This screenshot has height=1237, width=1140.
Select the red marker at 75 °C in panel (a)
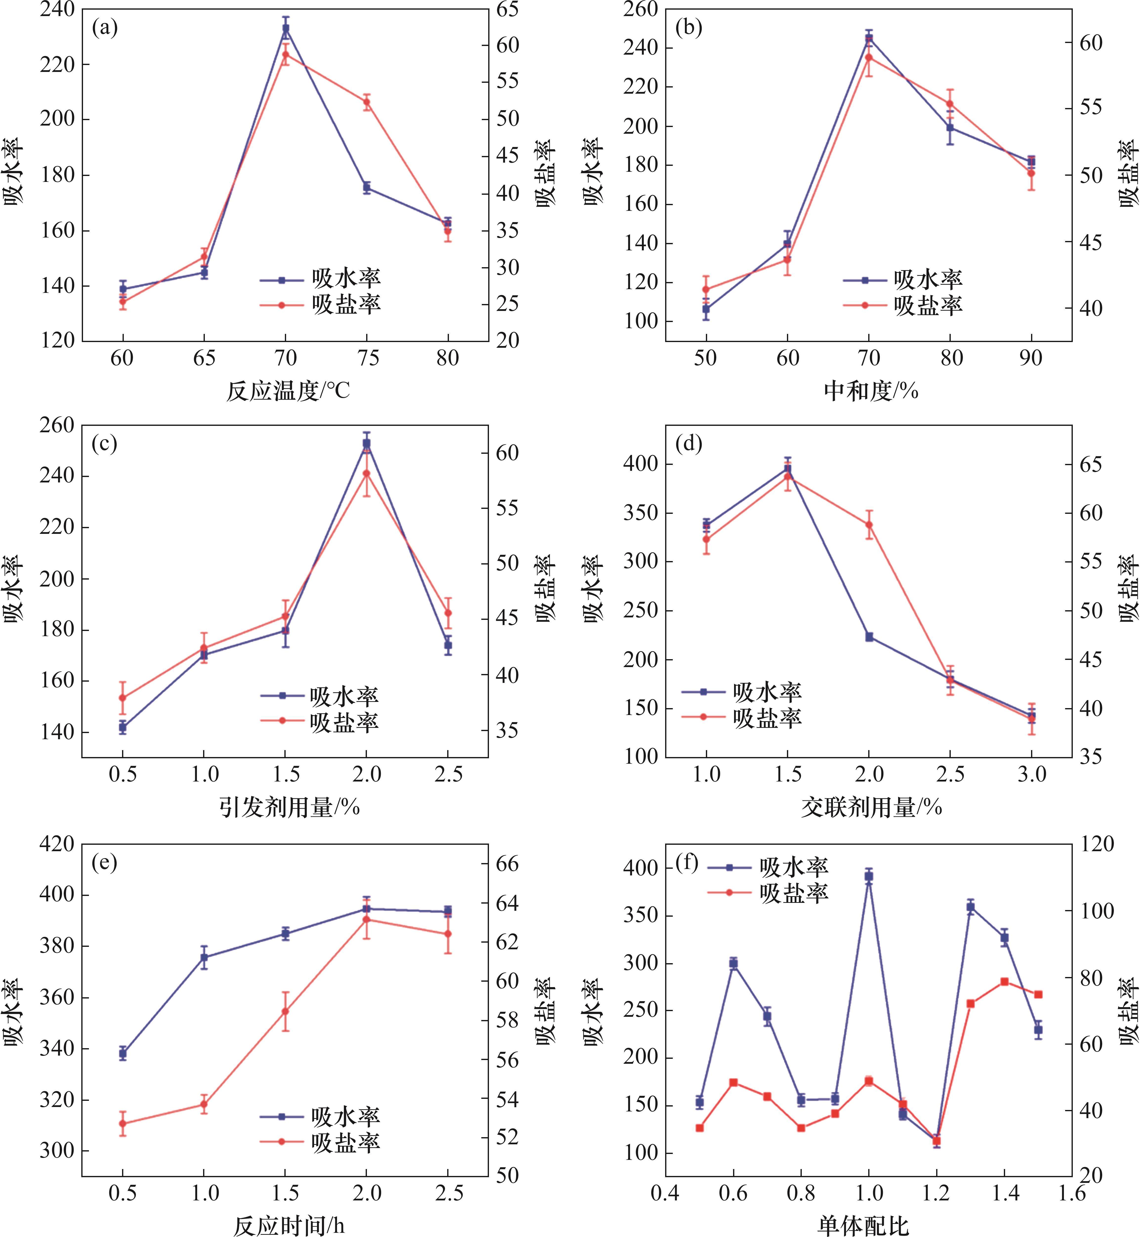[x=367, y=102]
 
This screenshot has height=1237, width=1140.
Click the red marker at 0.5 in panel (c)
[x=123, y=698]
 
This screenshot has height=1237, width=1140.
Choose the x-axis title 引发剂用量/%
[x=289, y=807]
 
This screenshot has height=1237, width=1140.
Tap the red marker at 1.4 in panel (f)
[x=1004, y=982]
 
